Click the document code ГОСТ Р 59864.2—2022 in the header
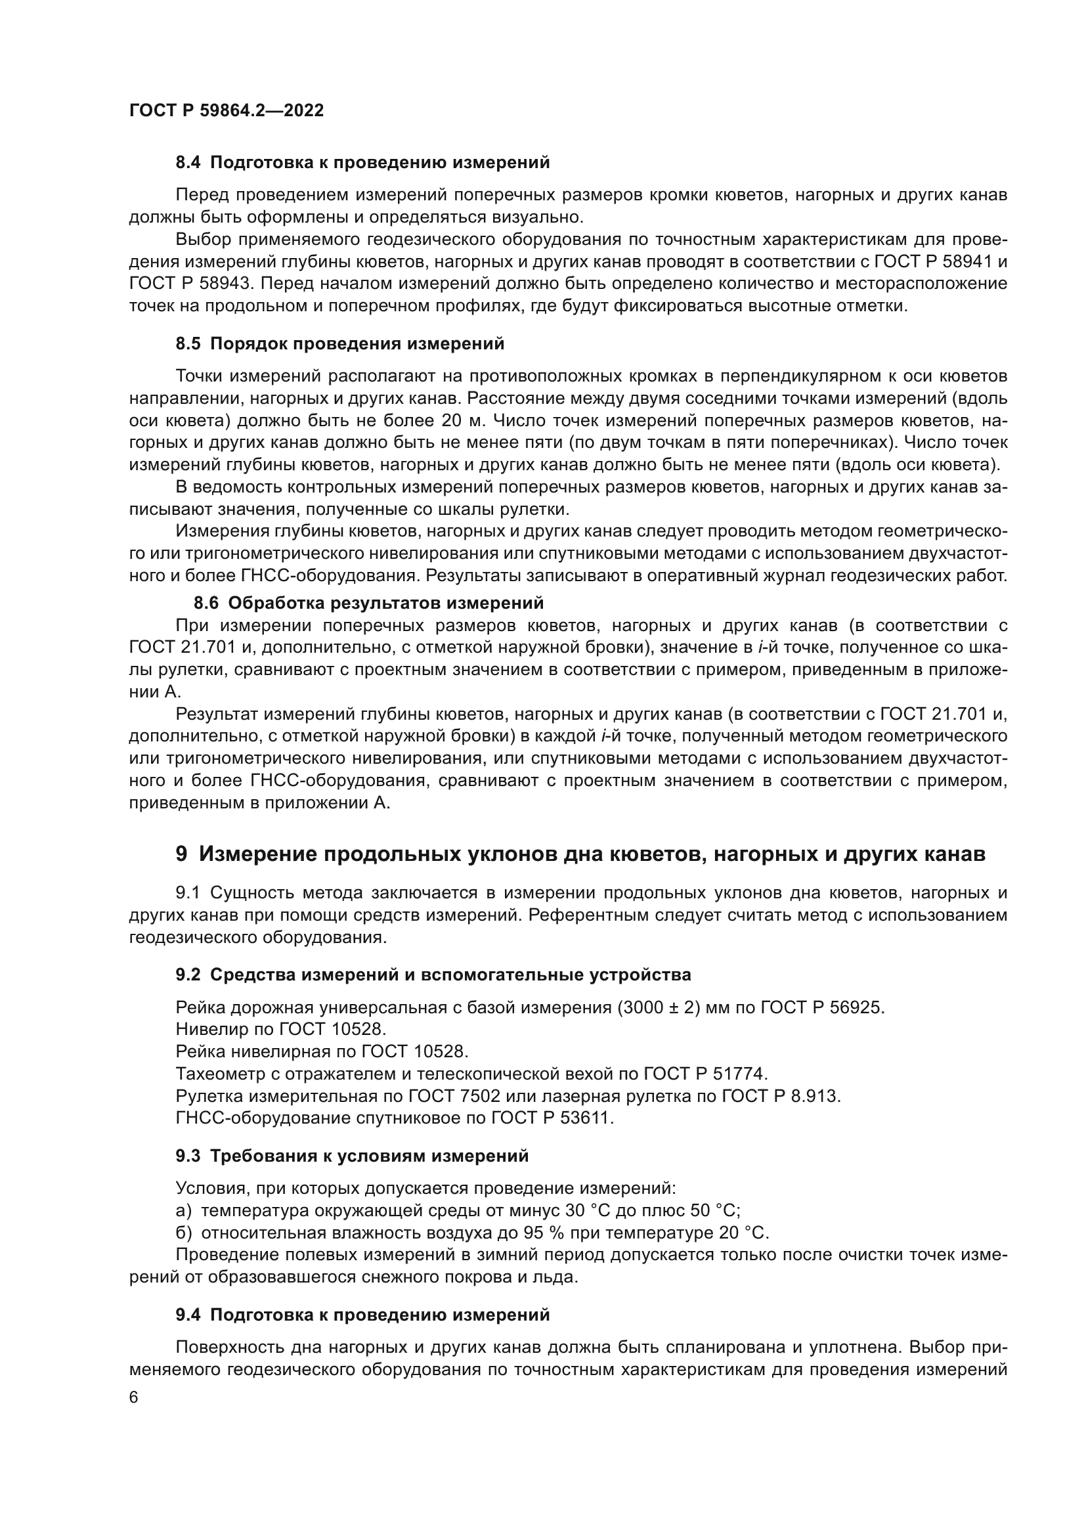226,110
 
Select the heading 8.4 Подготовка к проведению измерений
362,163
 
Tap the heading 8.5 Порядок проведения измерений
339,344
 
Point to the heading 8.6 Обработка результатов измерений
368,603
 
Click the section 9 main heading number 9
181,854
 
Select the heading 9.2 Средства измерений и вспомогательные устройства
433,975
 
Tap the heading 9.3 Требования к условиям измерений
352,1156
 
